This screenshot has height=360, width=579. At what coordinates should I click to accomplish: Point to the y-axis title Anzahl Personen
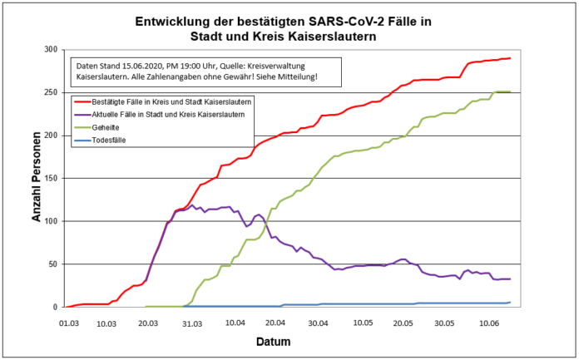[37, 178]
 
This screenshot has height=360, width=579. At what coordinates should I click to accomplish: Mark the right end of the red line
[510, 58]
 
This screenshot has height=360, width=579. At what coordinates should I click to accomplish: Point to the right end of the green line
[510, 91]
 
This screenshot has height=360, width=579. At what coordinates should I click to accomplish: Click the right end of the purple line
[510, 279]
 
